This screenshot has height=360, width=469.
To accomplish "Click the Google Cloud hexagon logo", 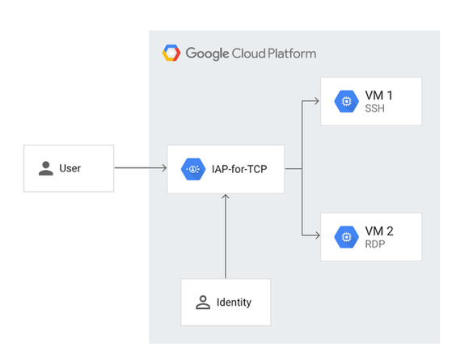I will pyautogui.click(x=171, y=53).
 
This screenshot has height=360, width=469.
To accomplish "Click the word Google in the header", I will pyautogui.click(x=208, y=53).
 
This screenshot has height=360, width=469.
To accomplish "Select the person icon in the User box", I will pyautogui.click(x=46, y=168).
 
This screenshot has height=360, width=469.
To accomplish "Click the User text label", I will pyautogui.click(x=70, y=168).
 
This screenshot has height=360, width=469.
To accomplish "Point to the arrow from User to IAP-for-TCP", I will pyautogui.click(x=141, y=168).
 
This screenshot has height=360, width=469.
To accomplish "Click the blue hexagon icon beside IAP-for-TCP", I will pyautogui.click(x=193, y=169).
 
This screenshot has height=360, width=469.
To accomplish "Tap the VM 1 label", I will pyautogui.click(x=378, y=96).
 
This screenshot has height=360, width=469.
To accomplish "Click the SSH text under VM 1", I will pyautogui.click(x=374, y=109).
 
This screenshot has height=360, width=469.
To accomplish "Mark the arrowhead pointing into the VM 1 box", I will pyautogui.click(x=316, y=102).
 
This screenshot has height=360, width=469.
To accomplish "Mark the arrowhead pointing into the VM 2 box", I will pyautogui.click(x=316, y=236).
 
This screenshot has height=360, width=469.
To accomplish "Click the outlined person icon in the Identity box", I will pyautogui.click(x=203, y=303).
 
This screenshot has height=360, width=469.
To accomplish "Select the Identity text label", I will pyautogui.click(x=234, y=303).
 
